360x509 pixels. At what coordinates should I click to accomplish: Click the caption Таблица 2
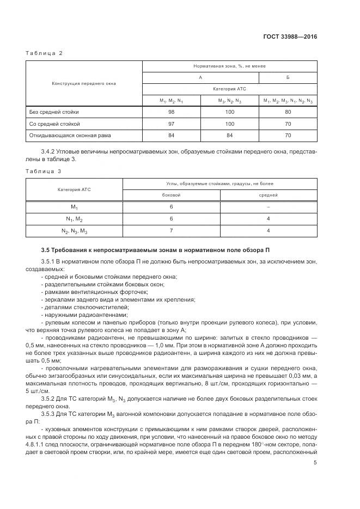45,53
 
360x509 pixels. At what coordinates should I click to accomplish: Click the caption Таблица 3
45,170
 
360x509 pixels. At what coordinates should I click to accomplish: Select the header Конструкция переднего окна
84,83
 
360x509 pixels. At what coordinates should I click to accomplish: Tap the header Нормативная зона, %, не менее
229,66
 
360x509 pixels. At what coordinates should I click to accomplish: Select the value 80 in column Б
288,112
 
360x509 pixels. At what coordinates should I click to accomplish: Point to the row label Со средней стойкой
54,124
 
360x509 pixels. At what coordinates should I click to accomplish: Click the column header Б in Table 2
288,77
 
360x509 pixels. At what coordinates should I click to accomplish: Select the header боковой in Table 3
171,194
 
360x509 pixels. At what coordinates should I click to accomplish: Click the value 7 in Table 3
171,231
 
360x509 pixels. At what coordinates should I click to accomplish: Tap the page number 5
315,463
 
